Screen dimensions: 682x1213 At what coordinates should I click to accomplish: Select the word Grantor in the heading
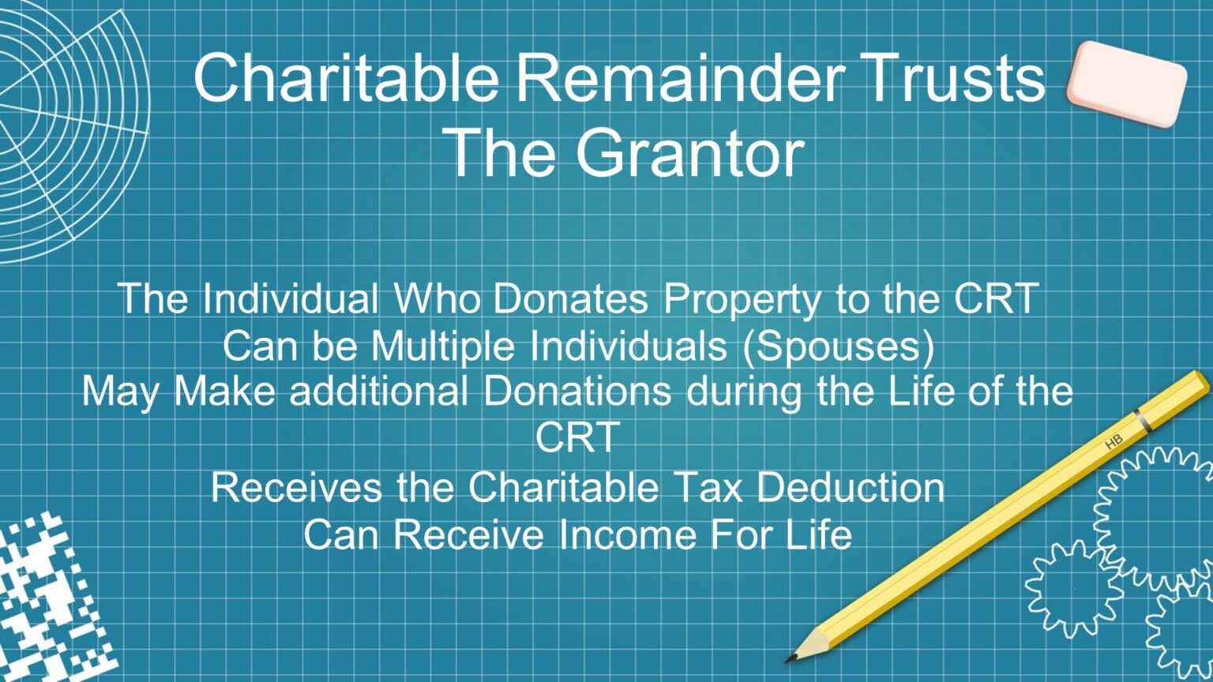point(689,153)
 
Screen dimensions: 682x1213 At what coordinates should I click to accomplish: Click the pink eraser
point(1126,84)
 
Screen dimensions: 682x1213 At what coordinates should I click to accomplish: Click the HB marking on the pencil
point(1113,443)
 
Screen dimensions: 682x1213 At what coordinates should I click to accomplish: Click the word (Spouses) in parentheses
point(839,347)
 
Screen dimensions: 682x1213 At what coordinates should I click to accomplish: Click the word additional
point(379,392)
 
